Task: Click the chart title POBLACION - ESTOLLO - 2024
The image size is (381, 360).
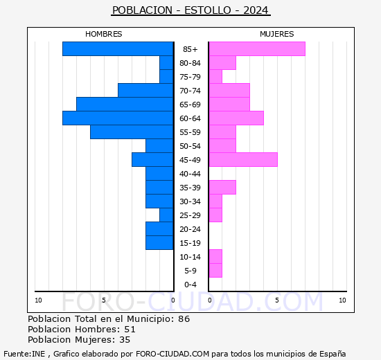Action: pyautogui.click(x=190, y=10)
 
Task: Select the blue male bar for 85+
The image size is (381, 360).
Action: pyautogui.click(x=118, y=48)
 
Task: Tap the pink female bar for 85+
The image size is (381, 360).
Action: pyautogui.click(x=256, y=48)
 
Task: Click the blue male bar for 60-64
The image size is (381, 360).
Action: pyautogui.click(x=118, y=118)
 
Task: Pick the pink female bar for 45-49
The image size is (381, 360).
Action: pyautogui.click(x=242, y=159)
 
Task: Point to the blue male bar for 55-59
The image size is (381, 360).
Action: pyautogui.click(x=132, y=132)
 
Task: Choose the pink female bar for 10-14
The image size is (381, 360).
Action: pyautogui.click(x=215, y=256)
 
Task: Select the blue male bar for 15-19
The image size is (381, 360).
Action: pyautogui.click(x=159, y=242)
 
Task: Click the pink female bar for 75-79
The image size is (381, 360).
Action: pyautogui.click(x=215, y=76)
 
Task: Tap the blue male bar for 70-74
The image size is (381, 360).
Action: pyautogui.click(x=145, y=90)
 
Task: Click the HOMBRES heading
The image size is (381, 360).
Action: pyautogui.click(x=104, y=34)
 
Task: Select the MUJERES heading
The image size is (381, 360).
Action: pyautogui.click(x=276, y=34)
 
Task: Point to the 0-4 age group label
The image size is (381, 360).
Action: pyautogui.click(x=190, y=285)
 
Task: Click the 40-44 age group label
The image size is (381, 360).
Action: pyautogui.click(x=190, y=174)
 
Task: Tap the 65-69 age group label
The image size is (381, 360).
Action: pyautogui.click(x=190, y=105)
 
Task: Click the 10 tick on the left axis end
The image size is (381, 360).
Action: pyautogui.click(x=38, y=300)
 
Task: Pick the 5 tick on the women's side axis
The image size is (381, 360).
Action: pyautogui.click(x=276, y=300)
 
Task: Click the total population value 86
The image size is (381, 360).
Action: pyautogui.click(x=184, y=319)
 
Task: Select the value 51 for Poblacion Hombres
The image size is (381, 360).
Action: pyautogui.click(x=130, y=330)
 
